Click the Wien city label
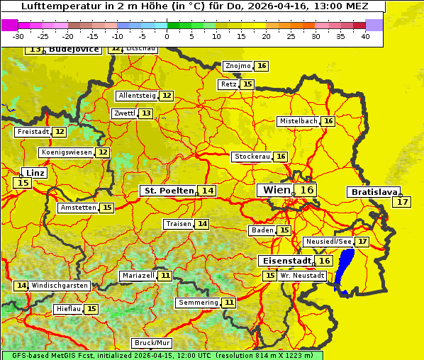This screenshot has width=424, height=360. click(277, 190)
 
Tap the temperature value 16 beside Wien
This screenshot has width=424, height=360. click(306, 190)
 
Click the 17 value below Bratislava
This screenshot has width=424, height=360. click(403, 202)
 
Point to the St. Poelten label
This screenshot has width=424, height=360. click(169, 191)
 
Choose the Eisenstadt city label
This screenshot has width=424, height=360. click(285, 261)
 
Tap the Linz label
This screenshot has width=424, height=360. click(34, 173)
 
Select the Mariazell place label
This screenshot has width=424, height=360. click(138, 275)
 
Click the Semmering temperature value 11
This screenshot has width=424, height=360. click(228, 303)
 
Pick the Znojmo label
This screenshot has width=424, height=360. click(238, 66)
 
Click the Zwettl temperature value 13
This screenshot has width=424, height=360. click(145, 113)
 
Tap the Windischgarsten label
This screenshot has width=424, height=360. click(60, 285)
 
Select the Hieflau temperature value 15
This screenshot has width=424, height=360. click(91, 309)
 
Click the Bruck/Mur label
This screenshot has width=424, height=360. click(152, 342)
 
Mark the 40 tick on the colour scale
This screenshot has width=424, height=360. click(365, 36)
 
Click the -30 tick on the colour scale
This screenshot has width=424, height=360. click(18, 36)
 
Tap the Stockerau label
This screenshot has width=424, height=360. click(252, 157)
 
